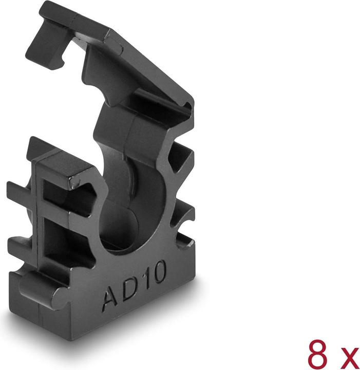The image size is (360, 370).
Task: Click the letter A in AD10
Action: click(111, 298)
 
